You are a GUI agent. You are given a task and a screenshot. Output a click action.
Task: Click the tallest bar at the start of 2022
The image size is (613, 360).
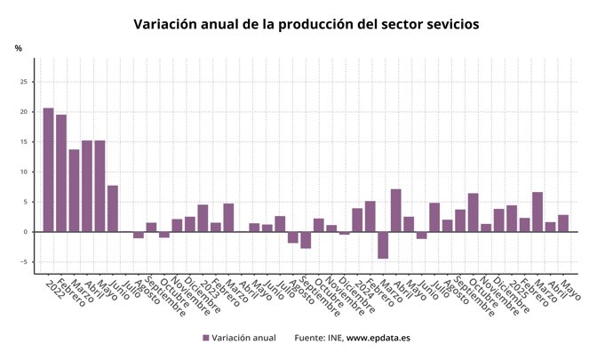click(x=48, y=170)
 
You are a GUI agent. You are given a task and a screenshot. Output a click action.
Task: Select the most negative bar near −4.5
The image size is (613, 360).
click(x=383, y=245)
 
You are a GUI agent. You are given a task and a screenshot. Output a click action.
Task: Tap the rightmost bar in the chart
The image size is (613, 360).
click(x=563, y=223)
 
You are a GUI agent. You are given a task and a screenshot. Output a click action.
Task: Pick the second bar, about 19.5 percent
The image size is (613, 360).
click(x=61, y=173)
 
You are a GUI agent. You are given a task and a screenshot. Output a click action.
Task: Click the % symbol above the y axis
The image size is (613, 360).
click(x=18, y=48)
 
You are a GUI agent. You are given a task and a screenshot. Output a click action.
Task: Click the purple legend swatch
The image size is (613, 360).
click(x=205, y=338)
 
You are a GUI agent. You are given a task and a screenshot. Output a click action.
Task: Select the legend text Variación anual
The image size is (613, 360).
click(x=243, y=338)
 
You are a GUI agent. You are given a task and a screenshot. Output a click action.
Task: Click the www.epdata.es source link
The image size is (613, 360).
click(x=378, y=338)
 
